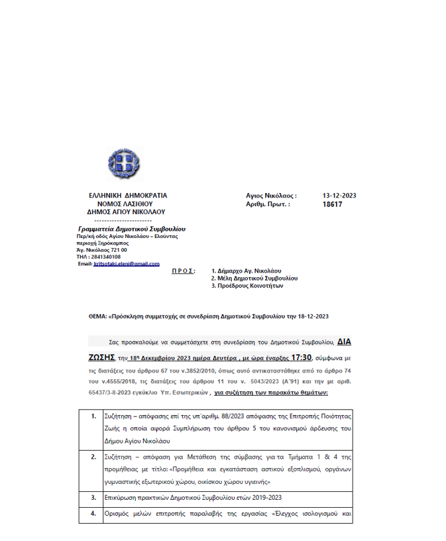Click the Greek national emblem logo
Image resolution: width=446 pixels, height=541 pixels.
click(x=124, y=164)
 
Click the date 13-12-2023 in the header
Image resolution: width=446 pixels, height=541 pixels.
click(x=339, y=196)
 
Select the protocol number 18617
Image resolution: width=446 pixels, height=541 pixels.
click(x=332, y=205)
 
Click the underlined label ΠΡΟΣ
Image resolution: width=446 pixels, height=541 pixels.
click(x=183, y=270)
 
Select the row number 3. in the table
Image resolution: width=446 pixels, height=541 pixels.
click(x=93, y=496)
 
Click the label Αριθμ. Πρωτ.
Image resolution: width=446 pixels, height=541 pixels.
click(x=268, y=205)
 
